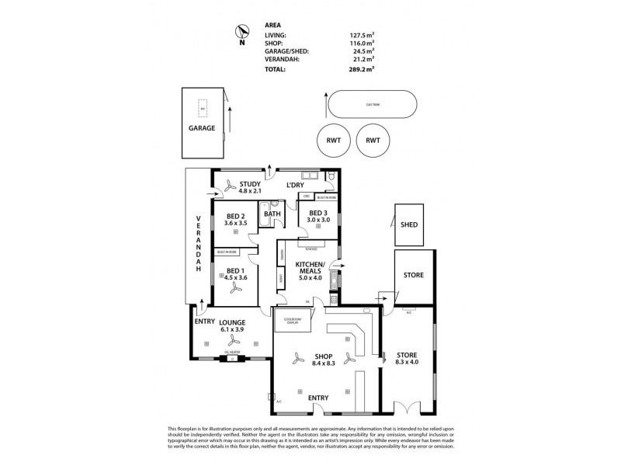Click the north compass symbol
coord(242,32)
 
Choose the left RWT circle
coord(333,141)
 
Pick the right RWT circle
coord(373,141)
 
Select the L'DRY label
coord(295,185)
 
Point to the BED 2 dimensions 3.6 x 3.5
coord(236,223)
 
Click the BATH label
coord(272,214)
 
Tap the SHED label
coord(409,224)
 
